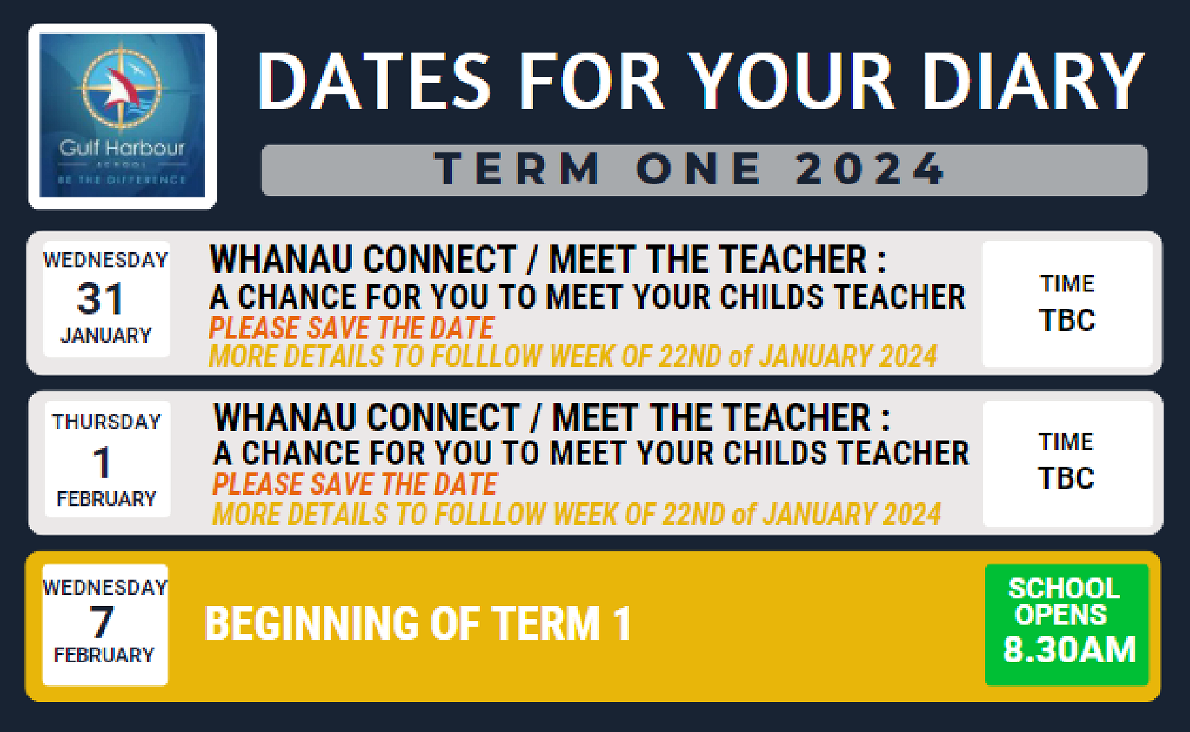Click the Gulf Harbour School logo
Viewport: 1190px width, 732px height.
[x=122, y=116]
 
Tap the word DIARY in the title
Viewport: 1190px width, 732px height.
[x=1033, y=82]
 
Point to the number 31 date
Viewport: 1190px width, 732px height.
[x=100, y=299]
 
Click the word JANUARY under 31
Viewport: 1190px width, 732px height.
[x=106, y=335]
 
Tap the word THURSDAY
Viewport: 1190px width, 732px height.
[x=107, y=422]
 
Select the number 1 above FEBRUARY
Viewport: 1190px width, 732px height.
[x=102, y=463]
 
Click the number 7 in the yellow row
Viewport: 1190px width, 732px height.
[x=101, y=622]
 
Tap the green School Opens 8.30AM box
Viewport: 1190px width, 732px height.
[x=1066, y=624]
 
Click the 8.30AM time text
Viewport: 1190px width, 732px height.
[x=1069, y=649]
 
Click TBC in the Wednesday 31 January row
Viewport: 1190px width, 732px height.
[x=1067, y=321]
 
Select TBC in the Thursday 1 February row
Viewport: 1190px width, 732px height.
[x=1066, y=479]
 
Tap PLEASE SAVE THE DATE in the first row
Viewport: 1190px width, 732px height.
[x=351, y=328]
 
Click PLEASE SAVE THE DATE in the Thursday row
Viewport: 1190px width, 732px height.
[x=355, y=484]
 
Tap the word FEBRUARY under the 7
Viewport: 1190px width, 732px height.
[x=104, y=655]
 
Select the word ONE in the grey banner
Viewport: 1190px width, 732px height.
[x=699, y=169]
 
